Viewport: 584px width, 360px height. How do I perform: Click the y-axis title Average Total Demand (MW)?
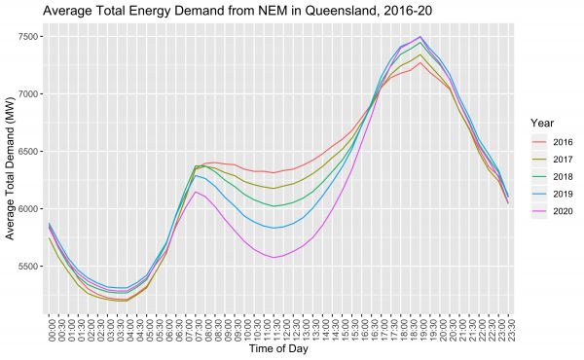point(12,165)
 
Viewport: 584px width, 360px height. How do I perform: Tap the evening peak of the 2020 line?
point(420,37)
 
